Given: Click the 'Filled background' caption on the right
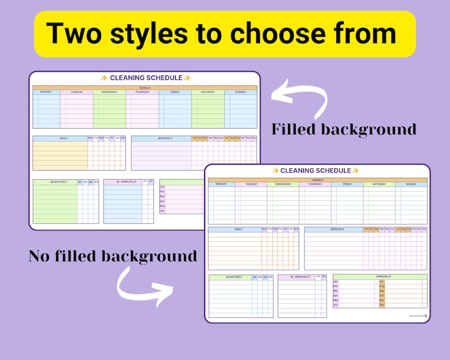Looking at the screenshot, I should [343, 129].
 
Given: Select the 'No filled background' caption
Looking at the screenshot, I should [113, 256].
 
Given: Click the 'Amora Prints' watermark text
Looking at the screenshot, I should [417, 316].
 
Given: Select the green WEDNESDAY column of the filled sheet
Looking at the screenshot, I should [109, 111].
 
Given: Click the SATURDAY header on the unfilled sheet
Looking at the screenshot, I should [379, 184].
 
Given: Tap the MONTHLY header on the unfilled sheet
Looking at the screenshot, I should [337, 230].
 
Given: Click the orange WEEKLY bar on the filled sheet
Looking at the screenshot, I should [145, 88].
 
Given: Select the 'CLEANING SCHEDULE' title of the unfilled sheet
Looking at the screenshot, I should [316, 171].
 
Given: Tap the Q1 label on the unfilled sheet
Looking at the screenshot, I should [255, 277].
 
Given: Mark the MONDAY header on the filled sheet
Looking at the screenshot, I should [46, 92].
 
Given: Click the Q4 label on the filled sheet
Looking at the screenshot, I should [96, 182].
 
